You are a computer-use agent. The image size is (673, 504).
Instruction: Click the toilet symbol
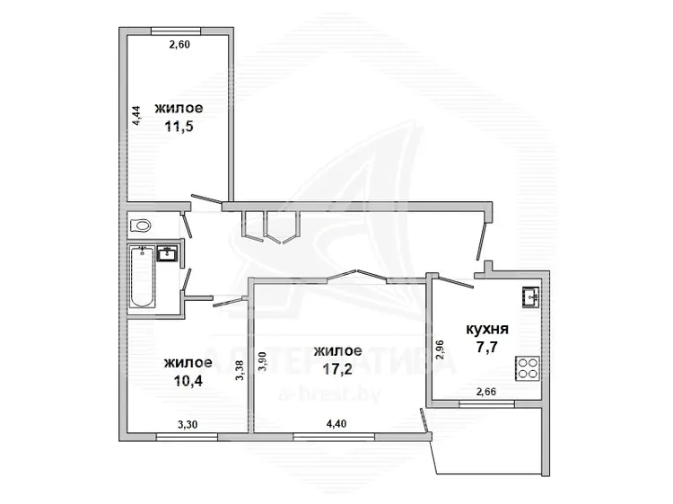[x=140, y=225]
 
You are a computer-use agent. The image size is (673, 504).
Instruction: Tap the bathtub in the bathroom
[x=142, y=277]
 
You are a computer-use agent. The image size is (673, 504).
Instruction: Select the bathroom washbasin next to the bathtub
[x=166, y=253]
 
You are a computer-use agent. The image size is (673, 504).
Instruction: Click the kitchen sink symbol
[x=531, y=296]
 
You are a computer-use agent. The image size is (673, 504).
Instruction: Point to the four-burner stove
[x=528, y=368]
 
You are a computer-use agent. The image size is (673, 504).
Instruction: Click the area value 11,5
[x=179, y=127]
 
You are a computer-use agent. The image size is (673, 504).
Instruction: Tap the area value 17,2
[x=337, y=368]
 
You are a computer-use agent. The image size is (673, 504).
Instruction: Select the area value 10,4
[x=188, y=380]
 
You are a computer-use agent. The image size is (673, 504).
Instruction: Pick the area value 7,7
[x=486, y=346]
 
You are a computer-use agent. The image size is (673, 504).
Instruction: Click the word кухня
[x=487, y=330]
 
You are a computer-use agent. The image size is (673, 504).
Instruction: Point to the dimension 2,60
[x=179, y=44]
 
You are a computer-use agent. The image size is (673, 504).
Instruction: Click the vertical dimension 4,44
[x=136, y=115]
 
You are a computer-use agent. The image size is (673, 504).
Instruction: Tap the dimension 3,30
[x=188, y=425]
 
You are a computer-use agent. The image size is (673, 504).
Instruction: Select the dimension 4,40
[x=336, y=424]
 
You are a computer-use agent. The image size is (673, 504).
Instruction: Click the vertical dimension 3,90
[x=263, y=361]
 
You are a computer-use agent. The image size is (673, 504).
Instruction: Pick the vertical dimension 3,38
[x=240, y=370]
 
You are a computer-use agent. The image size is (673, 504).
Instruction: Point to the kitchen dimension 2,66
[x=486, y=392]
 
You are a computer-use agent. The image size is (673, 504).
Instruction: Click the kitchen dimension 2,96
[x=440, y=350]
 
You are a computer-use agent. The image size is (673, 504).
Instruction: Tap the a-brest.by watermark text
[x=329, y=395]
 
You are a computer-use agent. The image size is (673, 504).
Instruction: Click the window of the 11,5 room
[x=176, y=31]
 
